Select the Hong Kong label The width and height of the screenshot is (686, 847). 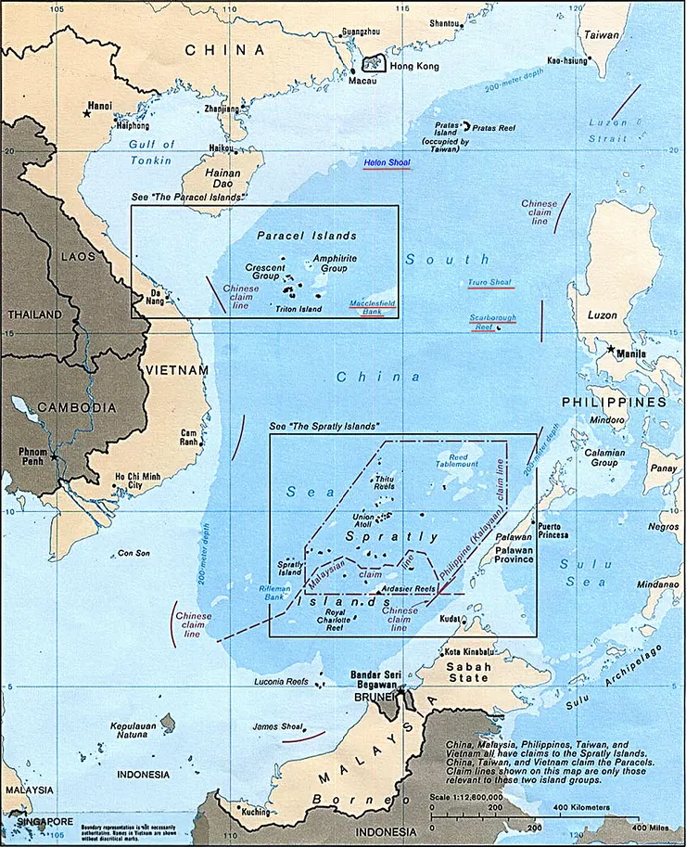[413, 67]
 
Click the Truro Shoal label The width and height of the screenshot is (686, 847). [491, 282]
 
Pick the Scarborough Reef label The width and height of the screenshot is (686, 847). [492, 321]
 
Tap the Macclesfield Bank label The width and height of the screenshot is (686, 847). [372, 308]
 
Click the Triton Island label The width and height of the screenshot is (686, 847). [298, 309]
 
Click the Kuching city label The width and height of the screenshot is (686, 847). [255, 811]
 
